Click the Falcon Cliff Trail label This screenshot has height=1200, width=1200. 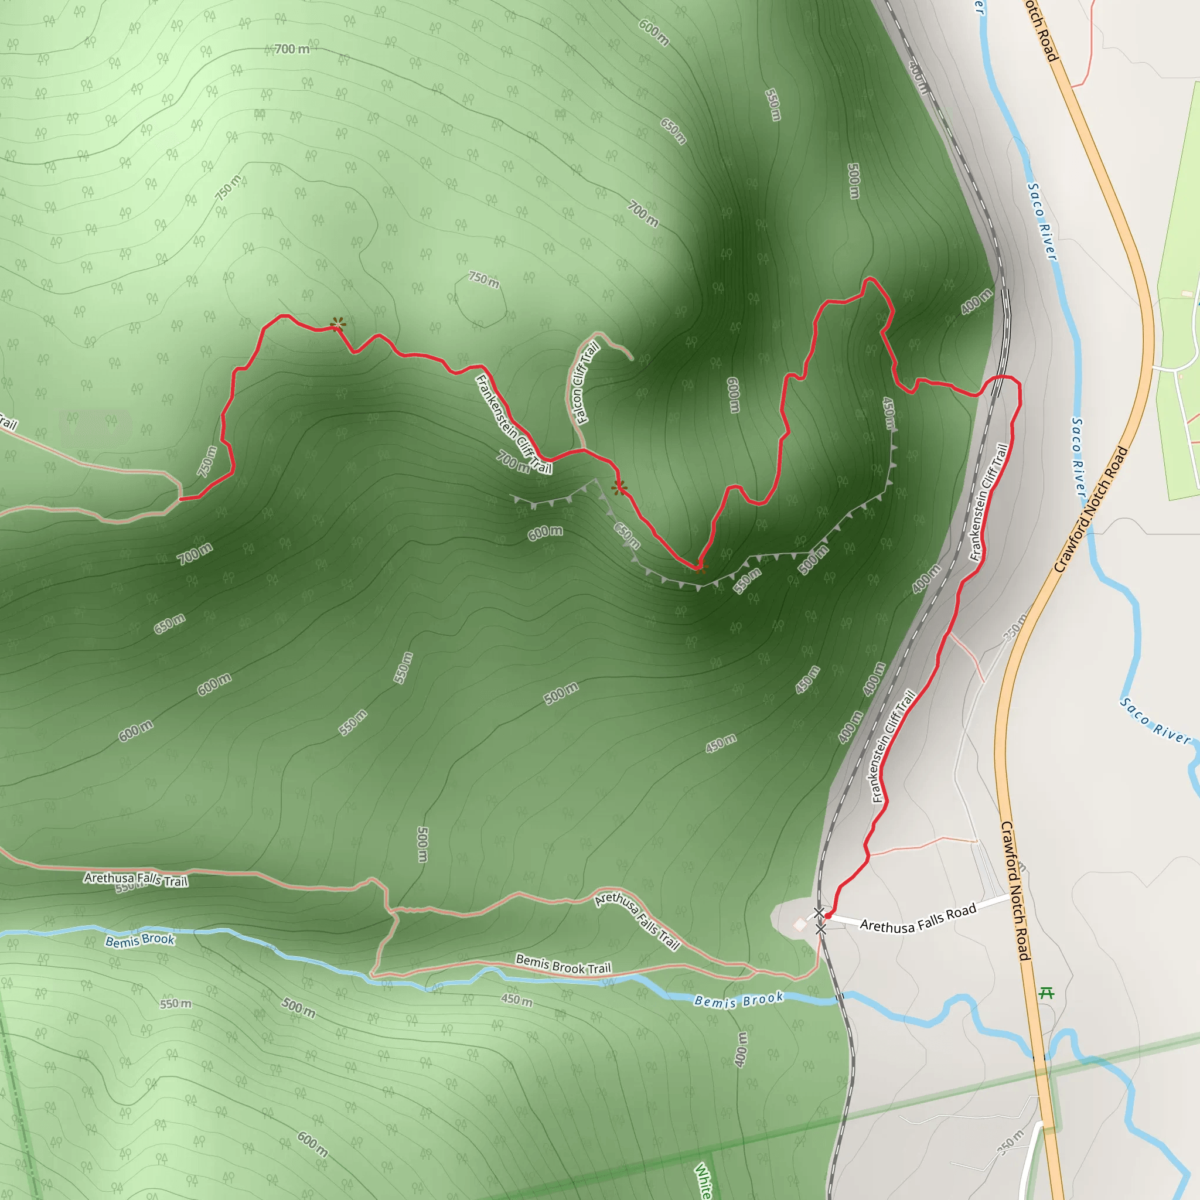(x=584, y=383)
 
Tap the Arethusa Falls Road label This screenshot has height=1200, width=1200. (x=918, y=919)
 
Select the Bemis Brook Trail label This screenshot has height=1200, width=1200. (x=563, y=964)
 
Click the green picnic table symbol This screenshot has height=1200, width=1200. (x=1046, y=993)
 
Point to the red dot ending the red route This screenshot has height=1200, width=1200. (x=828, y=916)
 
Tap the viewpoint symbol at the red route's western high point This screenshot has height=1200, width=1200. (x=338, y=324)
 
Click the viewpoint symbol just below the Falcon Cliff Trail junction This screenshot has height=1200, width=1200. (x=619, y=487)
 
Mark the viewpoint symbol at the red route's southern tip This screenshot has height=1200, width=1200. (x=700, y=567)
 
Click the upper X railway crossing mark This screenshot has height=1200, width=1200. (x=819, y=912)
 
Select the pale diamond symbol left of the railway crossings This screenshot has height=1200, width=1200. (x=799, y=925)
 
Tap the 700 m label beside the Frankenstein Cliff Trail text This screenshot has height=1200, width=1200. (x=513, y=462)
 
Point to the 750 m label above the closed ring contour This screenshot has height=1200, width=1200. (x=483, y=279)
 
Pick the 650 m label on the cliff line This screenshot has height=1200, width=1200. (x=627, y=536)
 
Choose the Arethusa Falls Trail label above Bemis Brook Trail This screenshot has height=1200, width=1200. (x=638, y=921)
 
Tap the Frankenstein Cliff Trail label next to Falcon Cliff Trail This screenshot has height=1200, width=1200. (x=514, y=424)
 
